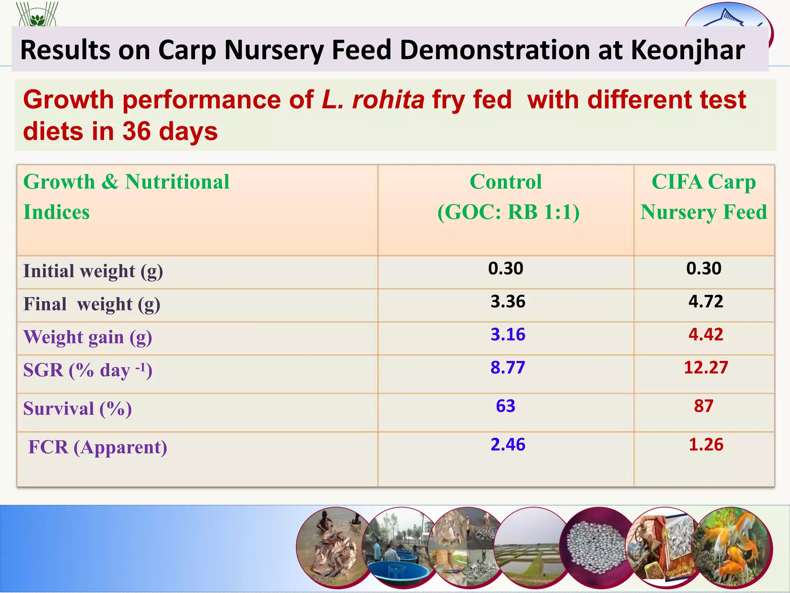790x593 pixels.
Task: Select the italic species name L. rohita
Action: coord(373,100)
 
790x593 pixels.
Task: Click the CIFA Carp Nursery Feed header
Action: coord(704,197)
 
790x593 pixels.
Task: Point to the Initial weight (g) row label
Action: coord(93,271)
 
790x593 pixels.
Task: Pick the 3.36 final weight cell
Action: coord(508,302)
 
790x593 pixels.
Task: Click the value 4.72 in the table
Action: coord(706,302)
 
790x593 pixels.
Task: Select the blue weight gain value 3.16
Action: coord(508,335)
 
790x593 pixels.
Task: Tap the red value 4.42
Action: coord(706,335)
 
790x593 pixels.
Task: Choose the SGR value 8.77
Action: coord(508,368)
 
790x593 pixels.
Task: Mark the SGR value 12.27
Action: coord(706,368)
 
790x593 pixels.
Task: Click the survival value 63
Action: coord(505,406)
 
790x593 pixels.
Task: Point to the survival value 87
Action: coord(704,406)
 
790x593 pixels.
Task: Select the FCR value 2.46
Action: coord(508,445)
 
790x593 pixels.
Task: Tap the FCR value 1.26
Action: coord(706,445)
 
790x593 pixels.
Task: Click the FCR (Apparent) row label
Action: coord(98,447)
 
